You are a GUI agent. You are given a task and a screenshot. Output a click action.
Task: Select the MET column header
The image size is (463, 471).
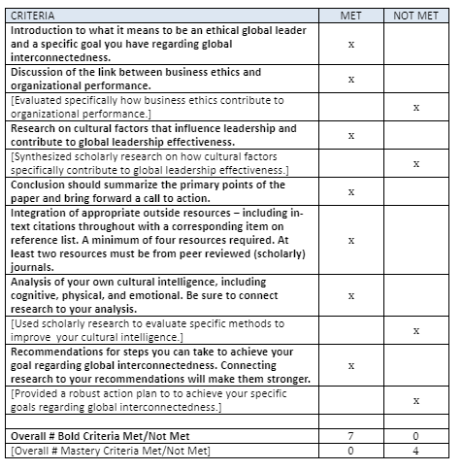pyautogui.click(x=351, y=17)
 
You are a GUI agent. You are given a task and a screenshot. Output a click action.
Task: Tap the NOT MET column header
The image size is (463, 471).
pyautogui.click(x=415, y=17)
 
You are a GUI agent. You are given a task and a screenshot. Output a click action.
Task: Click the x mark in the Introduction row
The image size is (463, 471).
pyautogui.click(x=351, y=44)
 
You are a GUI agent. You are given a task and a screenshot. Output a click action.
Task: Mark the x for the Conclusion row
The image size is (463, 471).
pyautogui.click(x=351, y=192)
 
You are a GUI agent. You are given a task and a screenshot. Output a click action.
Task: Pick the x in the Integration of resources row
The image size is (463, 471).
pyautogui.click(x=351, y=240)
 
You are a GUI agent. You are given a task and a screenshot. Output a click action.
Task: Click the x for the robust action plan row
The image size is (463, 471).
pyautogui.click(x=415, y=400)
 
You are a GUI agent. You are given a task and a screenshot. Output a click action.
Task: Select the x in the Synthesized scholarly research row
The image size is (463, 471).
pyautogui.click(x=415, y=164)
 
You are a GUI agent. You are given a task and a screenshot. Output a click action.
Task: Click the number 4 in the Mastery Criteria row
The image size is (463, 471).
pyautogui.click(x=415, y=451)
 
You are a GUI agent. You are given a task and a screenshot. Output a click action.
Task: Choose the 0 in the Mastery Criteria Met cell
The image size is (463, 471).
pyautogui.click(x=351, y=451)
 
